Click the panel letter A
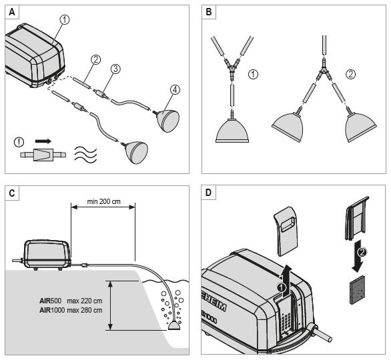[x=11, y=12]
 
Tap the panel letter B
[x=208, y=12]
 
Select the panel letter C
[x=11, y=193]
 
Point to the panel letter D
[x=208, y=193]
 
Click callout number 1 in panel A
[x=65, y=20]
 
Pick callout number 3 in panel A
[x=115, y=69]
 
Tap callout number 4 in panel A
[x=175, y=90]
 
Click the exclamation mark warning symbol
[x=19, y=142]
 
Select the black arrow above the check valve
[x=43, y=141]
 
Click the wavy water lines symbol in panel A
[x=85, y=155]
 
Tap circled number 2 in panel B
[x=350, y=74]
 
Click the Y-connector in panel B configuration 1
[x=232, y=68]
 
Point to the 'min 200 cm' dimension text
[x=103, y=201]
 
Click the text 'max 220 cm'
[x=85, y=301]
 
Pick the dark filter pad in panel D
[x=358, y=290]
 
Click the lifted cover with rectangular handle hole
[x=286, y=231]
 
